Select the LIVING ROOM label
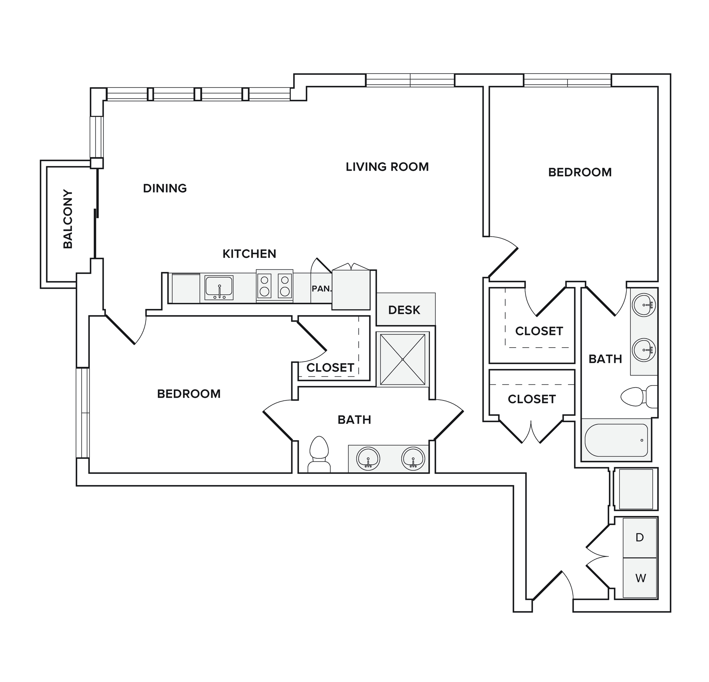387,167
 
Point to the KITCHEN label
249,254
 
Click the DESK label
404,310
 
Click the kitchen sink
219,287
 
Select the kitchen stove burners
275,286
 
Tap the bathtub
616,440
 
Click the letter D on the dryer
640,538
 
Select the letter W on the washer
640,578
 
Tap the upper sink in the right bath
644,305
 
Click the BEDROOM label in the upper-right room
580,172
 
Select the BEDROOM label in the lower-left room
189,394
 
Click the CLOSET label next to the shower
330,368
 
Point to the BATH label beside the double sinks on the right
605,359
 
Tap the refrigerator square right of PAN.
351,289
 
